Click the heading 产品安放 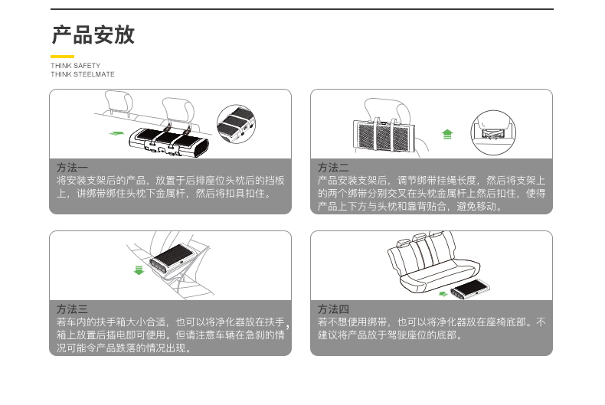[x=93, y=35]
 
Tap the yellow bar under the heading [x=62, y=57]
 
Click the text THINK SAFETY [x=75, y=66]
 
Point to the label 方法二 [x=333, y=167]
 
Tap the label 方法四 [x=333, y=309]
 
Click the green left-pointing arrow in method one [x=115, y=133]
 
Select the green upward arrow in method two [x=448, y=134]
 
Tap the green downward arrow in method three [x=139, y=269]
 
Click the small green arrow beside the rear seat [x=443, y=292]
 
